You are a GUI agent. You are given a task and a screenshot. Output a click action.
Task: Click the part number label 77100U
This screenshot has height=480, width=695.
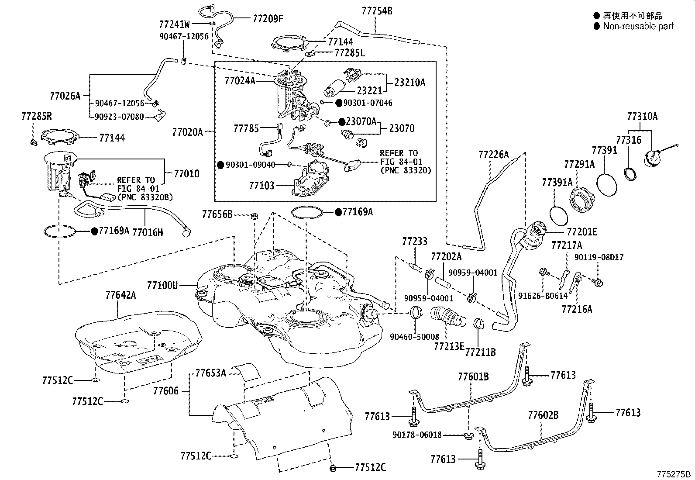(x=162, y=286)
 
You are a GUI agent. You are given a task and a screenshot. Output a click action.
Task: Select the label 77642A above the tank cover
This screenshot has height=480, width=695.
(x=121, y=295)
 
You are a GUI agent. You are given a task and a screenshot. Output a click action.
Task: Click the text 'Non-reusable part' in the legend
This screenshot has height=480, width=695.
(x=638, y=26)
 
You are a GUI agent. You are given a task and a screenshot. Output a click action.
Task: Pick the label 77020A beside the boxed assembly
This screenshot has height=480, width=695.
(x=188, y=131)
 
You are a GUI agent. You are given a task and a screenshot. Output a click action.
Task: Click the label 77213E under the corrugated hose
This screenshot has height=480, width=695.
(x=449, y=346)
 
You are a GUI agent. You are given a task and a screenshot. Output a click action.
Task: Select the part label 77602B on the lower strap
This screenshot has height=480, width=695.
(x=543, y=414)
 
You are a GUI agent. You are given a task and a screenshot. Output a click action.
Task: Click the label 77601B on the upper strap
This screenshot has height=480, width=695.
(x=473, y=376)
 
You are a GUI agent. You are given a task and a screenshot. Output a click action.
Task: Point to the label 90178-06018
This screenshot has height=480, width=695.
(x=417, y=435)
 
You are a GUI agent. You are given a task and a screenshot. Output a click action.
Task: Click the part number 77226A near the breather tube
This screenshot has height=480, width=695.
(x=494, y=154)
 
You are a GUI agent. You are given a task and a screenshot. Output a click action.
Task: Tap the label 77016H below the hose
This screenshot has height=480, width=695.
(x=148, y=232)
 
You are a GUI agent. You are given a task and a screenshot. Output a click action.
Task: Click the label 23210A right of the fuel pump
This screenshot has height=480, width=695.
(x=409, y=83)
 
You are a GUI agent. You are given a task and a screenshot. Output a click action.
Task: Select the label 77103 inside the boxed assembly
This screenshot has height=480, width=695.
(x=261, y=186)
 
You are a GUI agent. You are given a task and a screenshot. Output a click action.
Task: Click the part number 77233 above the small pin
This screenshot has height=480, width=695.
(x=415, y=242)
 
